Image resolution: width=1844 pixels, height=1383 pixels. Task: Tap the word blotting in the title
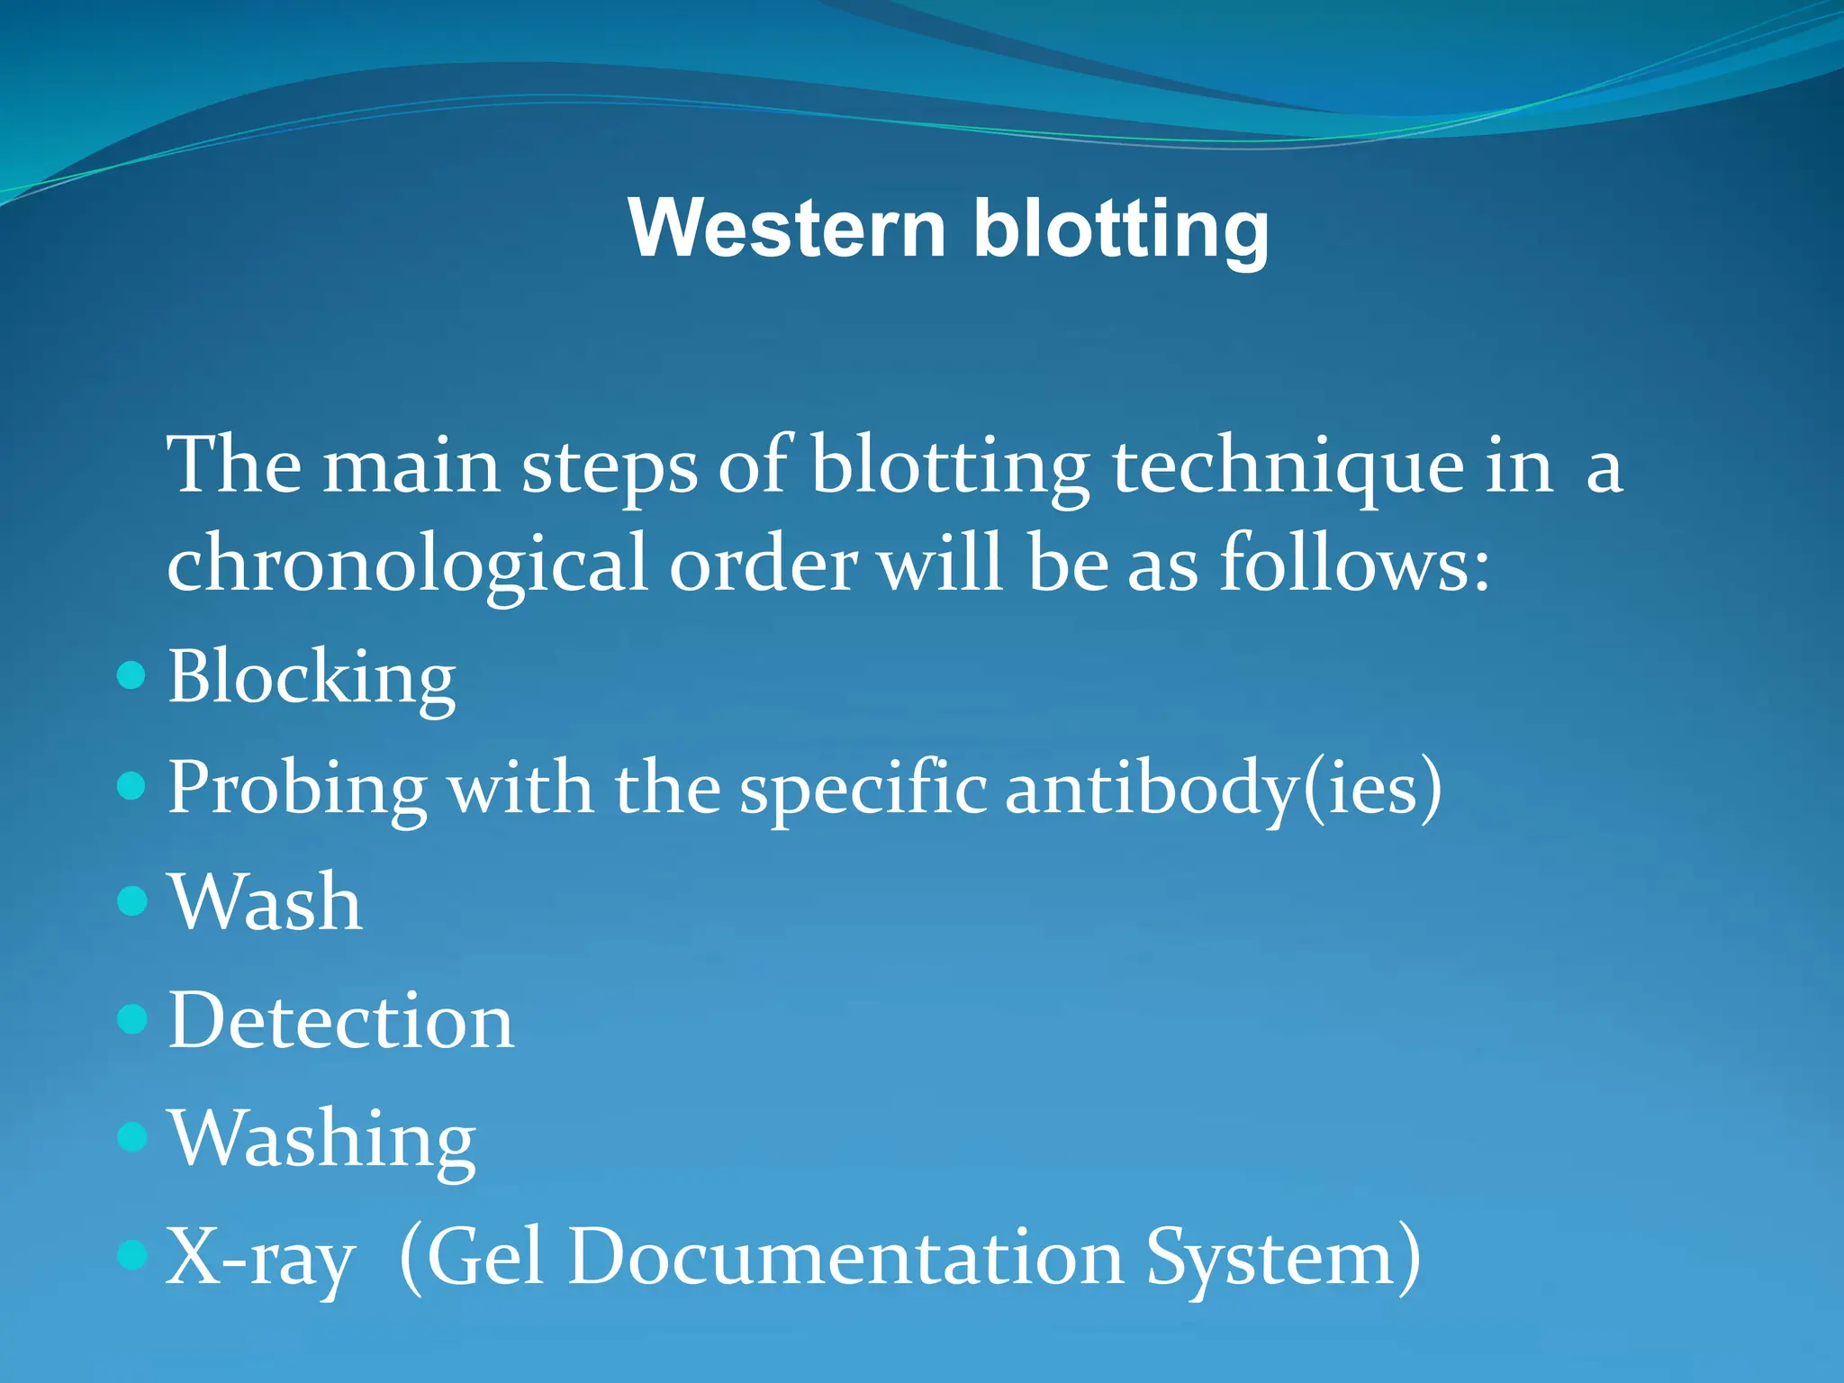(x=1121, y=230)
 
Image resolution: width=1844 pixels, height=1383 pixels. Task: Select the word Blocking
(x=312, y=677)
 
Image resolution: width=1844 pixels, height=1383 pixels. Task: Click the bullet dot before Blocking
(x=131, y=674)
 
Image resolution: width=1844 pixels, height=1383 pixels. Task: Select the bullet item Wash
(x=266, y=902)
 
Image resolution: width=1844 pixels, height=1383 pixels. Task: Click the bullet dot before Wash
(x=131, y=900)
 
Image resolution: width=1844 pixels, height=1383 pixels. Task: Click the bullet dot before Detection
(x=131, y=1018)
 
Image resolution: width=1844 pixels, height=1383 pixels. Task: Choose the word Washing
(x=321, y=1141)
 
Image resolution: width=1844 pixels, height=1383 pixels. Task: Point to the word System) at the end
(x=1282, y=1258)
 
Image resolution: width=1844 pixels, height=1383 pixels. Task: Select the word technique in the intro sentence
(x=1288, y=468)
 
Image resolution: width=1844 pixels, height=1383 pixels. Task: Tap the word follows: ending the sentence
(x=1354, y=563)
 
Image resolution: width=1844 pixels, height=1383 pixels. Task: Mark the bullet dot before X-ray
(x=131, y=1254)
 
